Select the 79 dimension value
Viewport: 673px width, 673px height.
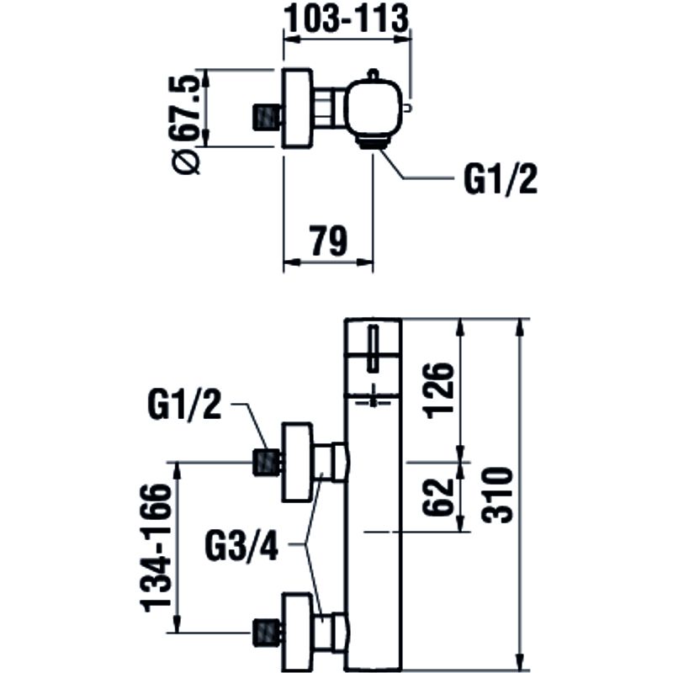click(328, 241)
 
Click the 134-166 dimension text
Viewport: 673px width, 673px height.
click(159, 547)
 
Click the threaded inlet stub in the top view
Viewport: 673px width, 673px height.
click(267, 118)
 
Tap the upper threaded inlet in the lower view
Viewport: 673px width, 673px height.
click(267, 462)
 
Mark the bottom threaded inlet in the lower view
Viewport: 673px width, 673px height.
click(267, 632)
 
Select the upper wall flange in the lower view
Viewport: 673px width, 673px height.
click(296, 462)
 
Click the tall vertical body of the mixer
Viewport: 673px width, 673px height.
click(375, 522)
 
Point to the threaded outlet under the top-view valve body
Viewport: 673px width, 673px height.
click(372, 141)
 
